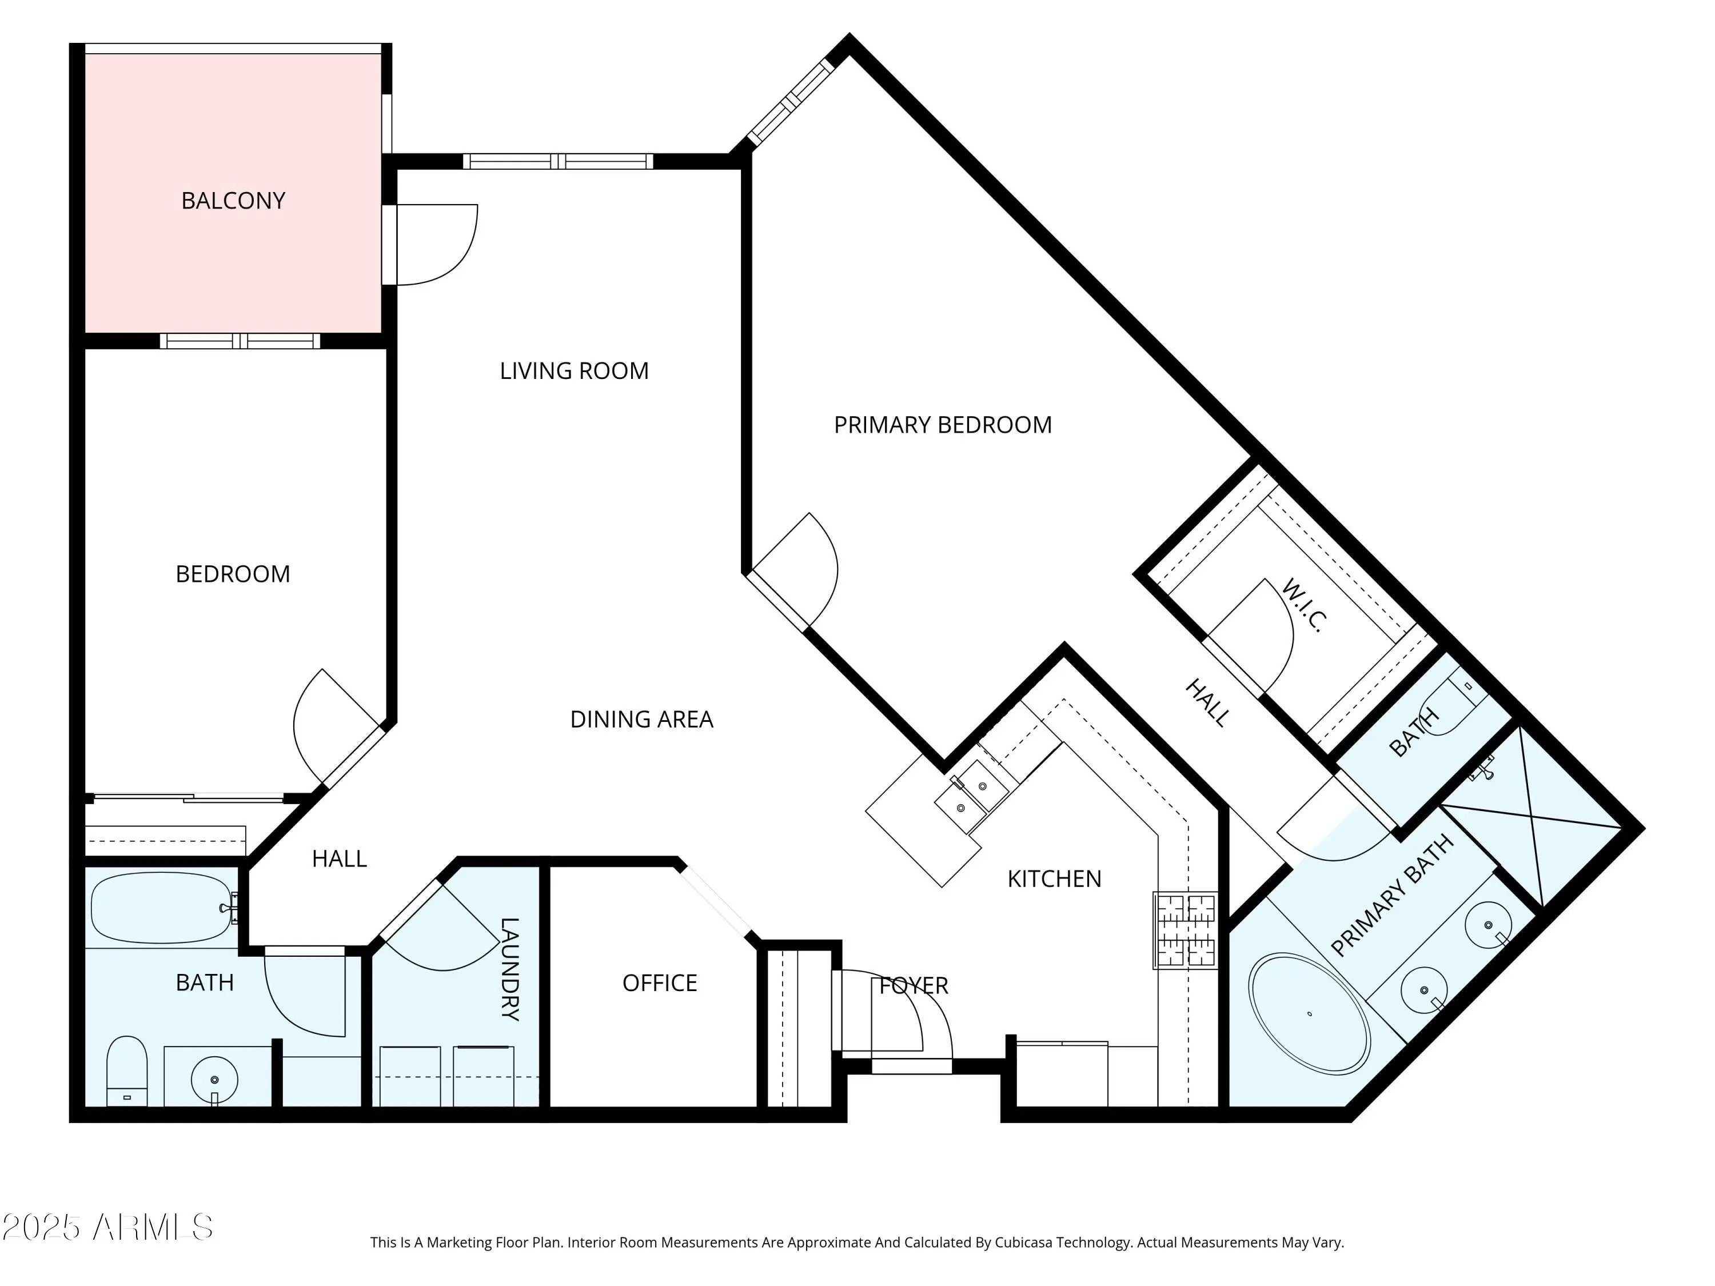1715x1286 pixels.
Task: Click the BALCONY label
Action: (233, 201)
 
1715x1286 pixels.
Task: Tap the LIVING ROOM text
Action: (574, 370)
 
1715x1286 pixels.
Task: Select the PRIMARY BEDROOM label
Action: (943, 425)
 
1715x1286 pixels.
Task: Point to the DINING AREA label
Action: (641, 720)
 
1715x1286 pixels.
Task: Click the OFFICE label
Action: (660, 983)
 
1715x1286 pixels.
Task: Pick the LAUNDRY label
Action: (509, 969)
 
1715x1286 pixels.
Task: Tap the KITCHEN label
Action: (1054, 878)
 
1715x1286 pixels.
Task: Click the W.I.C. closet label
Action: (1303, 605)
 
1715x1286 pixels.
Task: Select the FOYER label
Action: (914, 985)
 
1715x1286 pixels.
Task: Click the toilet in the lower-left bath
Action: (126, 1071)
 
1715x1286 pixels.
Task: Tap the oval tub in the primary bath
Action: (1310, 1014)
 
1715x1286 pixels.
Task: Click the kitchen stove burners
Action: (1184, 930)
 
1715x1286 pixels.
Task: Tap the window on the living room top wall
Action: (558, 161)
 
